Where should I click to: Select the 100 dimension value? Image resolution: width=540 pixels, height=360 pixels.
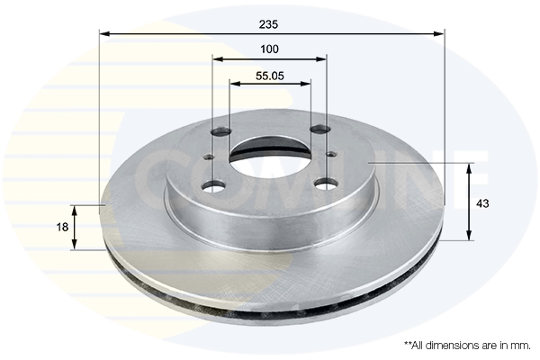269,49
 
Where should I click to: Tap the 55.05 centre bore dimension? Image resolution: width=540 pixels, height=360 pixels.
270,76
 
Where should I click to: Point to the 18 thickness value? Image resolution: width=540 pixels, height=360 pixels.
62,228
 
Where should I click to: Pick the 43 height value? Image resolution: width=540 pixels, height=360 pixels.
482,203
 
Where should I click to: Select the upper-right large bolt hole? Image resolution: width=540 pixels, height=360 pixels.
319,130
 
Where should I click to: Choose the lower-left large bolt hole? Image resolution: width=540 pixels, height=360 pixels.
214,186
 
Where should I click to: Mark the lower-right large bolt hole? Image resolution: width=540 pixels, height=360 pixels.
324,184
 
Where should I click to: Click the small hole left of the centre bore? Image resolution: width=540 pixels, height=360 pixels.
209,158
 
